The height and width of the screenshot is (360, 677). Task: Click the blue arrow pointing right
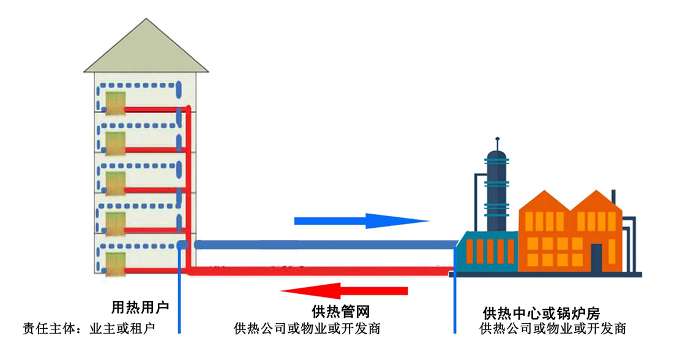pos(361,220)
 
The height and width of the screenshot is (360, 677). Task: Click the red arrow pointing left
pos(343,290)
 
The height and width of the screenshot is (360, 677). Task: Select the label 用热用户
pos(140,307)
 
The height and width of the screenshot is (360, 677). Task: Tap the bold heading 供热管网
pos(341,312)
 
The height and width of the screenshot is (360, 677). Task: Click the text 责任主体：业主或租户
pos(89,329)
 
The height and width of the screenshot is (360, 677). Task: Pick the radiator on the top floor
pos(115,102)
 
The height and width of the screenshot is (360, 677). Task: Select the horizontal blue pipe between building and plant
pos(324,245)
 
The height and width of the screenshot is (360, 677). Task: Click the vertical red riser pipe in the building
pos(189,184)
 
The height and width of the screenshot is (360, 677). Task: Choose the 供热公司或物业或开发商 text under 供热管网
pos(307,329)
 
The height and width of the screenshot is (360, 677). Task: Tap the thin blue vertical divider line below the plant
pos(455,306)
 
